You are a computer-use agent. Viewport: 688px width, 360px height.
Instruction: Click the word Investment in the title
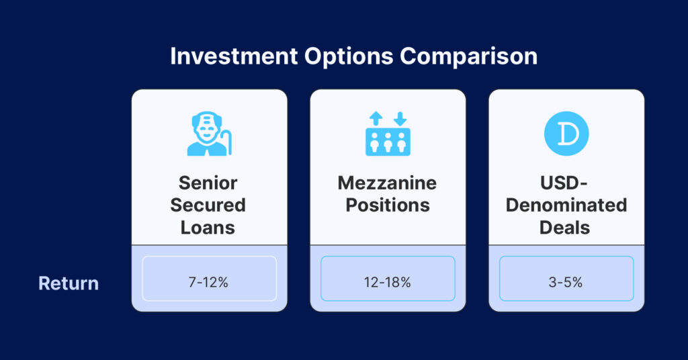[234, 56]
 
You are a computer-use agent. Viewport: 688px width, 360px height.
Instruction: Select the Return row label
[69, 283]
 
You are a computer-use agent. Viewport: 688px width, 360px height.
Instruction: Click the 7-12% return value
[208, 282]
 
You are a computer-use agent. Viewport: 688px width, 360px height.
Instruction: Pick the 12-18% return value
[388, 282]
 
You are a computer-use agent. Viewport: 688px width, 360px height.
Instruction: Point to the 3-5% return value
[566, 282]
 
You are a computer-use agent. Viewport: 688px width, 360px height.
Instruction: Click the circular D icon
[566, 134]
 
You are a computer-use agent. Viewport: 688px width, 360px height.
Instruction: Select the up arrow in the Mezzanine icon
[376, 119]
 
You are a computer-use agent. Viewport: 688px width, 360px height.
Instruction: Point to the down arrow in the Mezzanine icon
[400, 119]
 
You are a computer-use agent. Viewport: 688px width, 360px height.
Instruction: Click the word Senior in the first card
[208, 183]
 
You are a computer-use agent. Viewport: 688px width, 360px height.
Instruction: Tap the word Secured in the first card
[208, 206]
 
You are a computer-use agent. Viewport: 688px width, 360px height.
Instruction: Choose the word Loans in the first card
[208, 228]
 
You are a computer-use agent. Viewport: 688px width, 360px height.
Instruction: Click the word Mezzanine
[388, 183]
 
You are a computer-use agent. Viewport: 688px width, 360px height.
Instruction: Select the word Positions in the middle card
[388, 206]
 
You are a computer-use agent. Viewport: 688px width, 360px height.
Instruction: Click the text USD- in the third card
[564, 183]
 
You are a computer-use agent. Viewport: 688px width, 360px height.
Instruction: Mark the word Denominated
[566, 206]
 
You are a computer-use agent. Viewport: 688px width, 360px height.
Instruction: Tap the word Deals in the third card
[564, 228]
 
